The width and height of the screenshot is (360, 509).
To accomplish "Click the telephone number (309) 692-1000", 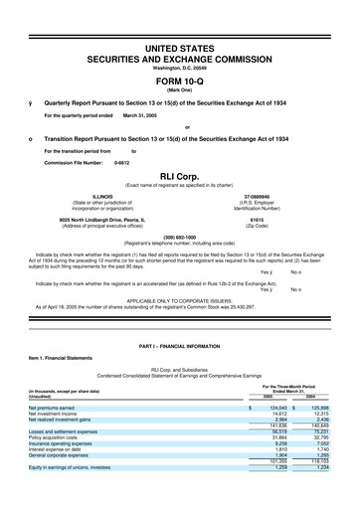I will coord(180,237).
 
